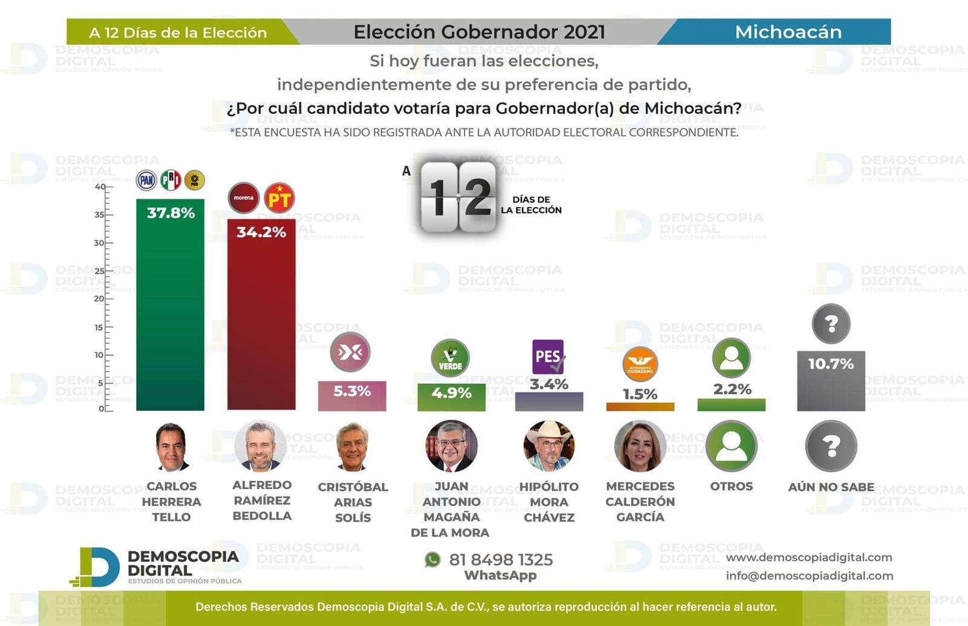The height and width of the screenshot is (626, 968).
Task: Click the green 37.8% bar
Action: (170, 309)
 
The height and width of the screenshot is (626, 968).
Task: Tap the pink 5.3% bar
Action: (352, 397)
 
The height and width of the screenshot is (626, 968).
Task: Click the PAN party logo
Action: (146, 180)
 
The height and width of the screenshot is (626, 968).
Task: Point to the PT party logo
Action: (280, 198)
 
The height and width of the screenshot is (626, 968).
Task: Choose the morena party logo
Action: (244, 198)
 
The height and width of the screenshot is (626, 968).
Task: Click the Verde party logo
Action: (450, 358)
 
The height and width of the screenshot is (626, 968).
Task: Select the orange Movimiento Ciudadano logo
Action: (640, 364)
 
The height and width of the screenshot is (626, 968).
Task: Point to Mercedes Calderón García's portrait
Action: (640, 446)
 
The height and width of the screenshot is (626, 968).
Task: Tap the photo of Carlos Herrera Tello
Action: (171, 447)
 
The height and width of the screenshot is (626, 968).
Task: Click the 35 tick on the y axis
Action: (100, 214)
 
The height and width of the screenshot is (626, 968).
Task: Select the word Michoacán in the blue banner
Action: (788, 32)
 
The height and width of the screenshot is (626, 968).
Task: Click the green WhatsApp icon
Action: (433, 559)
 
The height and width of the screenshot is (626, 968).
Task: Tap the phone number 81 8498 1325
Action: (501, 559)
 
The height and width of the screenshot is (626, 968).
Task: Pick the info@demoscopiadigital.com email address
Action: (809, 576)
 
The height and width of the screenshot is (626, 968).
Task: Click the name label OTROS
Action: (731, 486)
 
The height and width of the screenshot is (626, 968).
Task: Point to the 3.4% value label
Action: (549, 384)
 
